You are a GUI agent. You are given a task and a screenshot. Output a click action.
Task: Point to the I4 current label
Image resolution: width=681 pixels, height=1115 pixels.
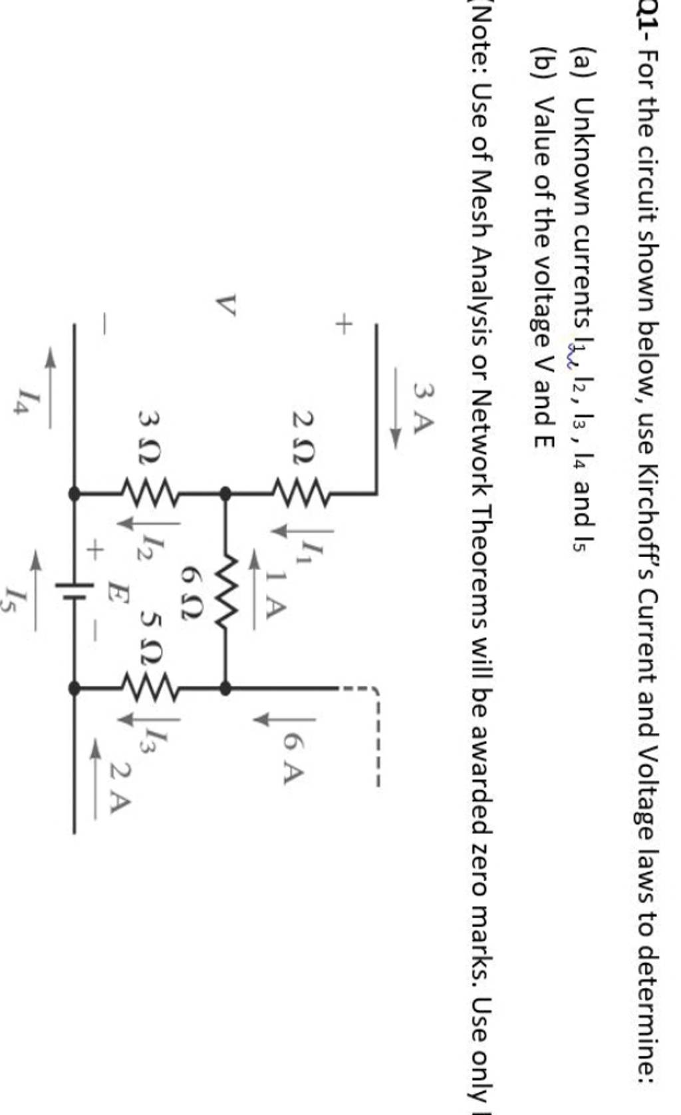(x=27, y=399)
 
